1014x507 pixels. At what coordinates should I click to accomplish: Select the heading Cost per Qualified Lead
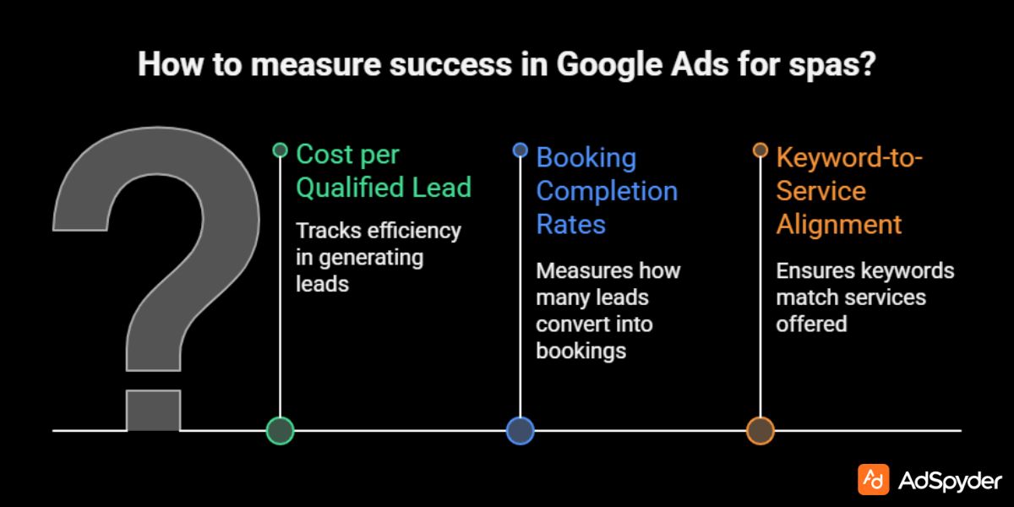pos(383,172)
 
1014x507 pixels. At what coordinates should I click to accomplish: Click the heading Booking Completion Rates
pos(607,191)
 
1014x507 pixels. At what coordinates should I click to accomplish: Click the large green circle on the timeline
pos(280,431)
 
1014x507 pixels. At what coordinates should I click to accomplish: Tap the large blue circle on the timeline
pos(520,431)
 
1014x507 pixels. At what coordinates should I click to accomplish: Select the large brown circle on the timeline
pos(760,431)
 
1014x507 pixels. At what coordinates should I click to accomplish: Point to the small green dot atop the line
pos(280,150)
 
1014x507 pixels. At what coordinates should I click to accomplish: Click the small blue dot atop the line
pos(520,150)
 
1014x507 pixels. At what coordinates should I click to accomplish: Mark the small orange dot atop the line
pos(760,150)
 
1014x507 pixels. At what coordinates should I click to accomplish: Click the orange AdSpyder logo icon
pos(873,479)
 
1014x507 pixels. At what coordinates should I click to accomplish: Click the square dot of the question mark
pos(153,411)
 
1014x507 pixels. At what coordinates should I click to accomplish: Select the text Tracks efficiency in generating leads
pos(379,257)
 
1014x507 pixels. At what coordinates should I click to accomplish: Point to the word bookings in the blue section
pos(581,351)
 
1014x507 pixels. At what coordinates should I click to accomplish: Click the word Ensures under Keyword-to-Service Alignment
pos(814,271)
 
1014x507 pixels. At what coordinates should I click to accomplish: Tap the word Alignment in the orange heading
pos(838,225)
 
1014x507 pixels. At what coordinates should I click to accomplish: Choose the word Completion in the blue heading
pos(607,191)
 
